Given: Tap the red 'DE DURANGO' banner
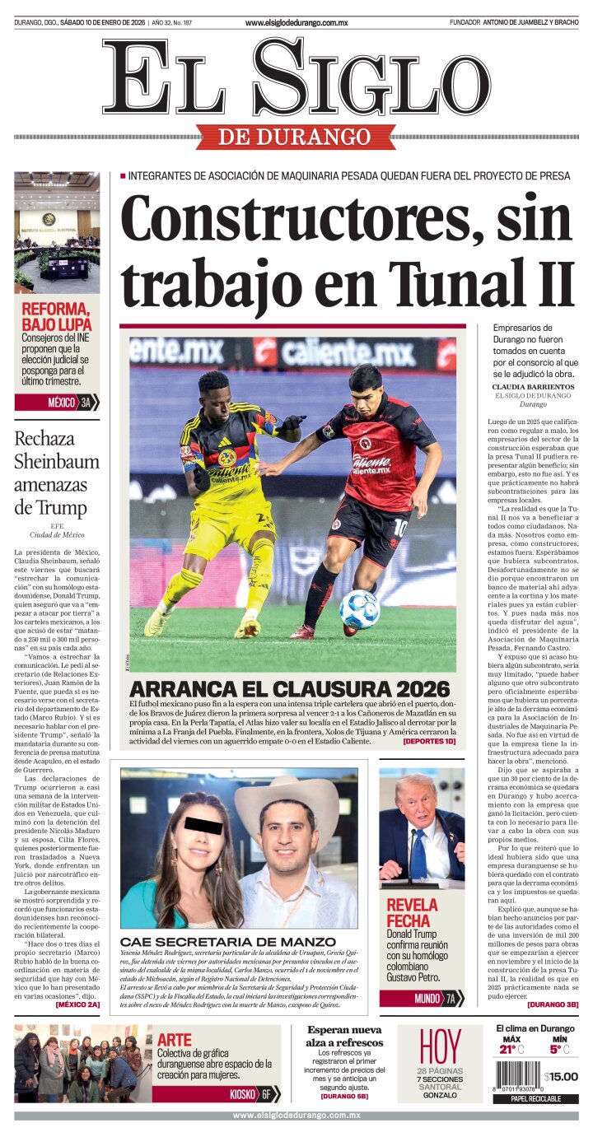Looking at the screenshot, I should pyautogui.click(x=296, y=136).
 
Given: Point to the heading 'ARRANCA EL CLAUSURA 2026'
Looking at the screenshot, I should pyautogui.click(x=290, y=689).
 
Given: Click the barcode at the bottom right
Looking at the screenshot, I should pyautogui.click(x=517, y=1076).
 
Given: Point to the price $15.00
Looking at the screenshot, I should pyautogui.click(x=561, y=1076).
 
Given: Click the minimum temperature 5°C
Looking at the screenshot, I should pyautogui.click(x=559, y=1049).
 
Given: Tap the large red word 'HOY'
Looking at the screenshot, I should pyautogui.click(x=441, y=1046).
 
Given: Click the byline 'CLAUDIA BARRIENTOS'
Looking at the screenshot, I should pyautogui.click(x=533, y=386).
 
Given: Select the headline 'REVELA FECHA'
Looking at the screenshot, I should pyautogui.click(x=413, y=912).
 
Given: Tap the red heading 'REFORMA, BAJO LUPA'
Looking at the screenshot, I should pyautogui.click(x=56, y=317).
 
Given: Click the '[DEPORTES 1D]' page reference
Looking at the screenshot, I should pyautogui.click(x=428, y=741).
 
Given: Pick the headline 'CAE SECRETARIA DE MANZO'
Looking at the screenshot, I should pyautogui.click(x=228, y=942).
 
